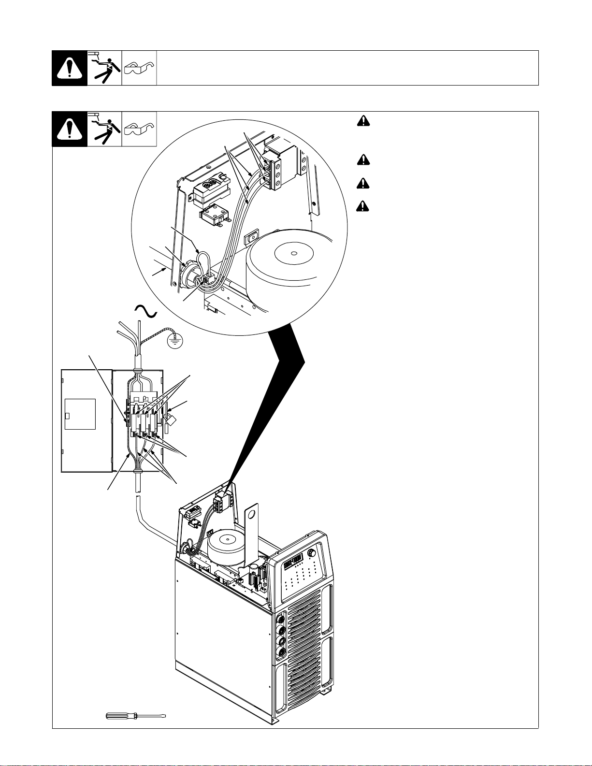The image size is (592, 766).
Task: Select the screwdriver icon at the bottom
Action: pos(136,716)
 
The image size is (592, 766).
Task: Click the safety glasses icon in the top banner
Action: pos(139,68)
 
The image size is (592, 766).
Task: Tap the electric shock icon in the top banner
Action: pos(104,68)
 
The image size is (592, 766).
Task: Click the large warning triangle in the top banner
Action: pos(70,68)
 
